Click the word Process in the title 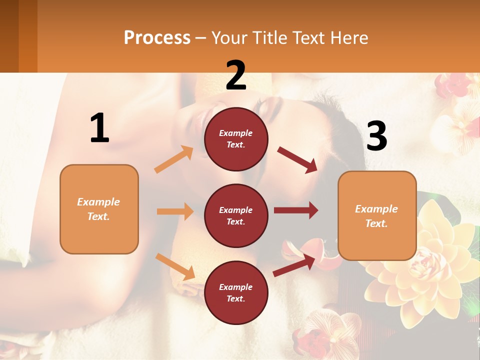157,37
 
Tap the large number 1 99,128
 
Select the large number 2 236,75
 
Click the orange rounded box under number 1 99,209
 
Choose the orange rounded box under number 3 377,215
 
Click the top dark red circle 236,139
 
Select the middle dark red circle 236,215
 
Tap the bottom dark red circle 236,292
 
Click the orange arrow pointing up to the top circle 174,159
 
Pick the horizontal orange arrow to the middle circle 175,211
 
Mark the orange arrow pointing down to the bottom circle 175,266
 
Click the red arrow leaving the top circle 297,160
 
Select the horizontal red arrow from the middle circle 296,210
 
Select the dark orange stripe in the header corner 27,36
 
